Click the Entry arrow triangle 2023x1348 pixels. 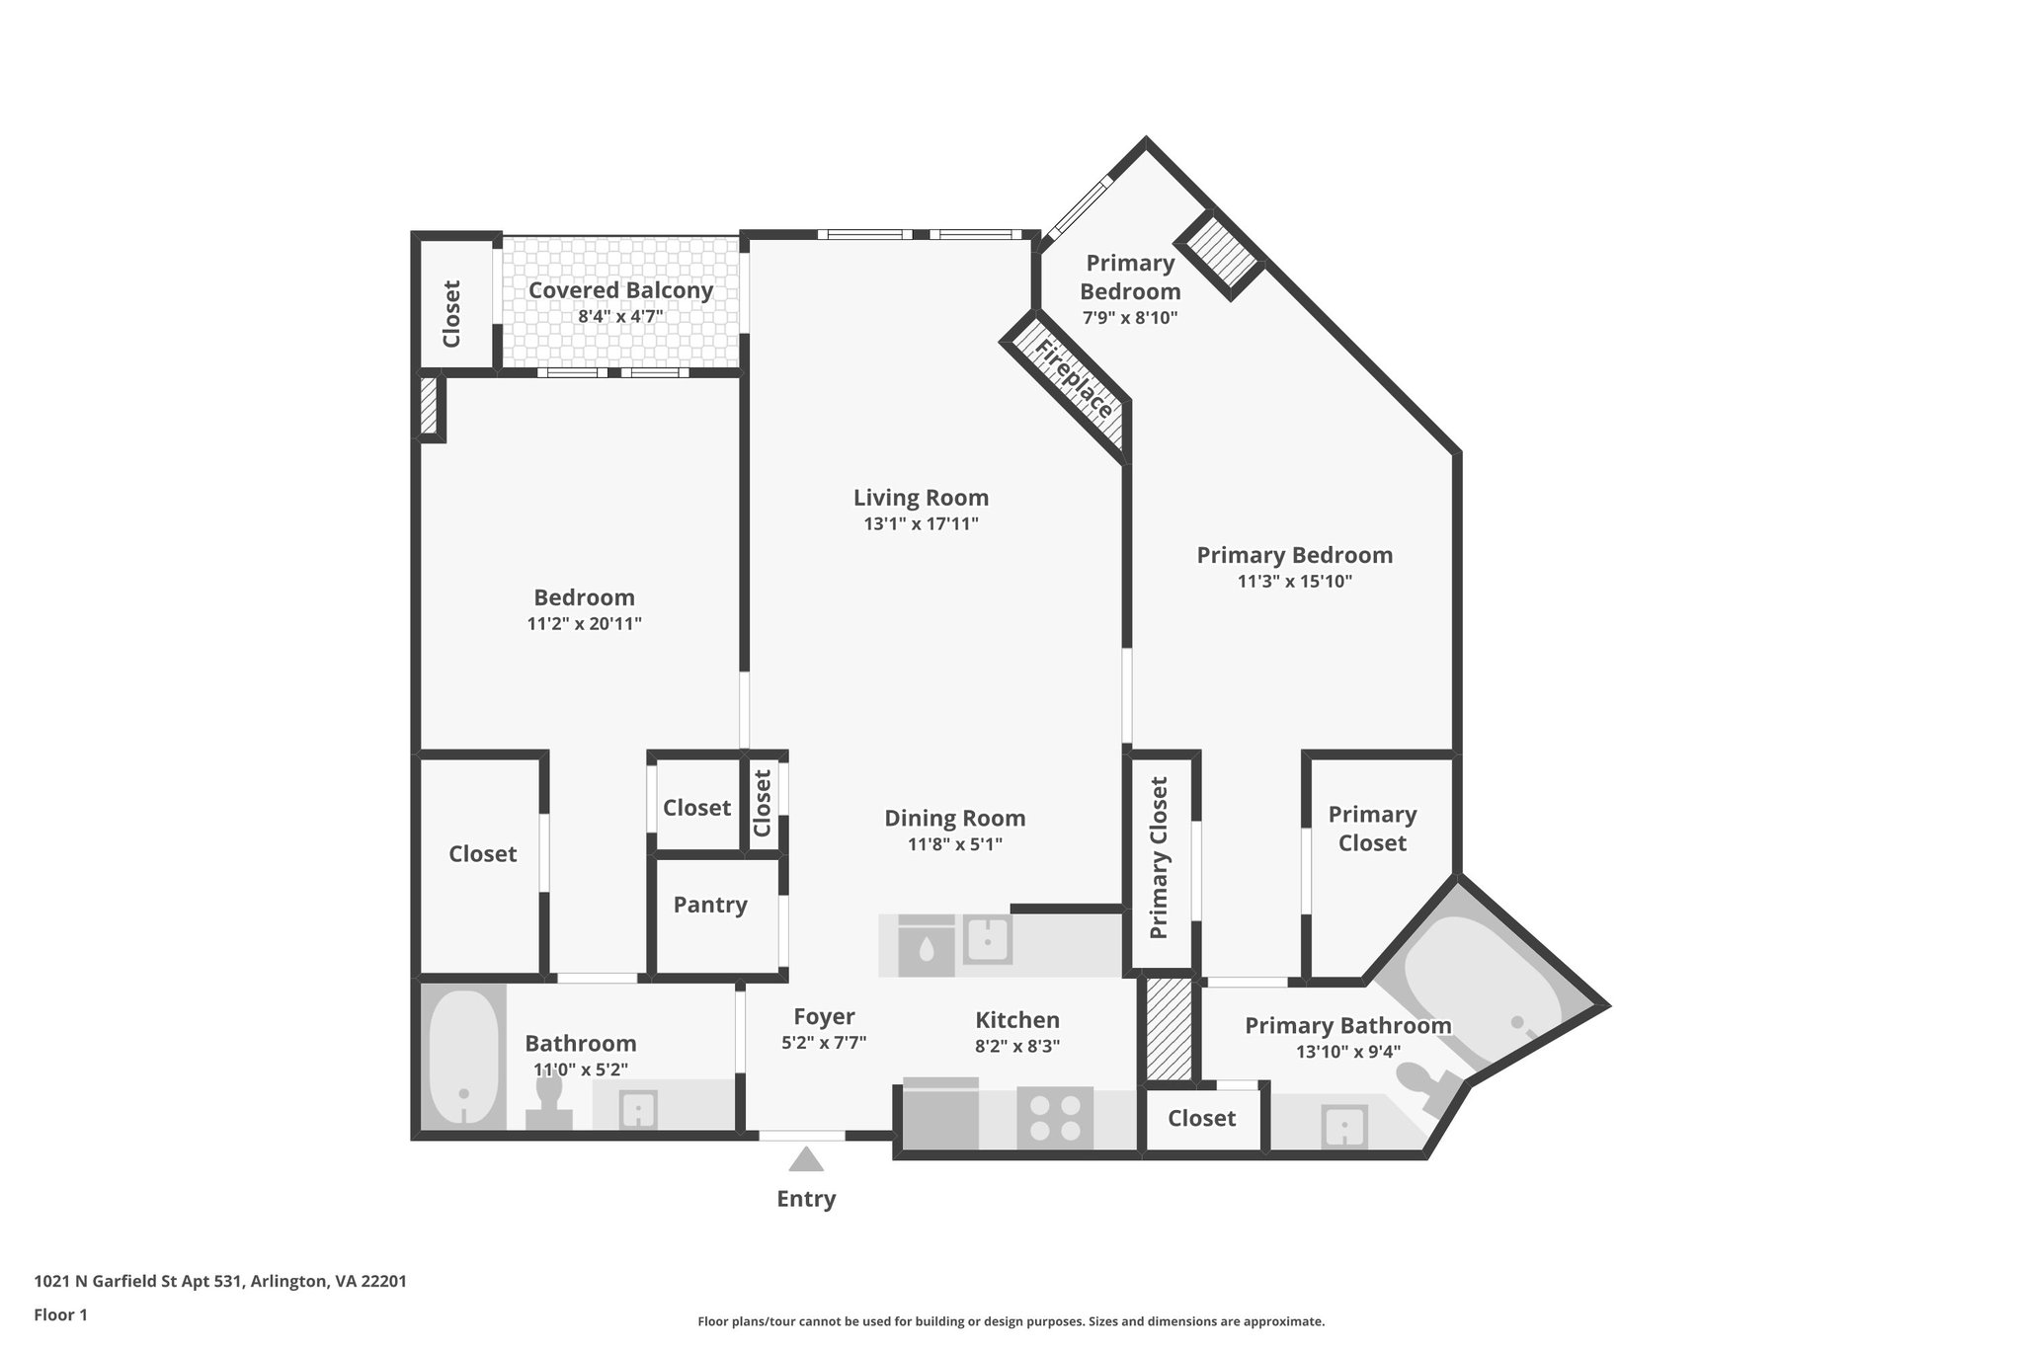point(806,1159)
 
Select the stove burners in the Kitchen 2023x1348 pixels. point(1055,1118)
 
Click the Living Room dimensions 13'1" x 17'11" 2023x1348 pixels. point(921,524)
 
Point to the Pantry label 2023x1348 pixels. point(710,905)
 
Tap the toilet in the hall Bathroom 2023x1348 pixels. point(548,1102)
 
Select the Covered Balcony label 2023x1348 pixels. point(620,290)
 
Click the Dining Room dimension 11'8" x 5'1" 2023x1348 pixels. point(954,844)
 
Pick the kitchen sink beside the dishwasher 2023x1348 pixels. point(987,940)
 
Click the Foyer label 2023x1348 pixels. point(824,1016)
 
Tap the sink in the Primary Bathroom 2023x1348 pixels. point(1344,1127)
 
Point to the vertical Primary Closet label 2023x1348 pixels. point(1160,857)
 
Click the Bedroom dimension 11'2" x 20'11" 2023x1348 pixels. point(584,624)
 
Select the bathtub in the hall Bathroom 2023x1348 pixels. point(463,1057)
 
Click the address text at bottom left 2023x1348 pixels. point(220,1282)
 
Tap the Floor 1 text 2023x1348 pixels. point(61,1314)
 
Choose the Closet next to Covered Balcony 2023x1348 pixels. point(451,314)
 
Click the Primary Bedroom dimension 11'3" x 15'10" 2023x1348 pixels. point(1294,582)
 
